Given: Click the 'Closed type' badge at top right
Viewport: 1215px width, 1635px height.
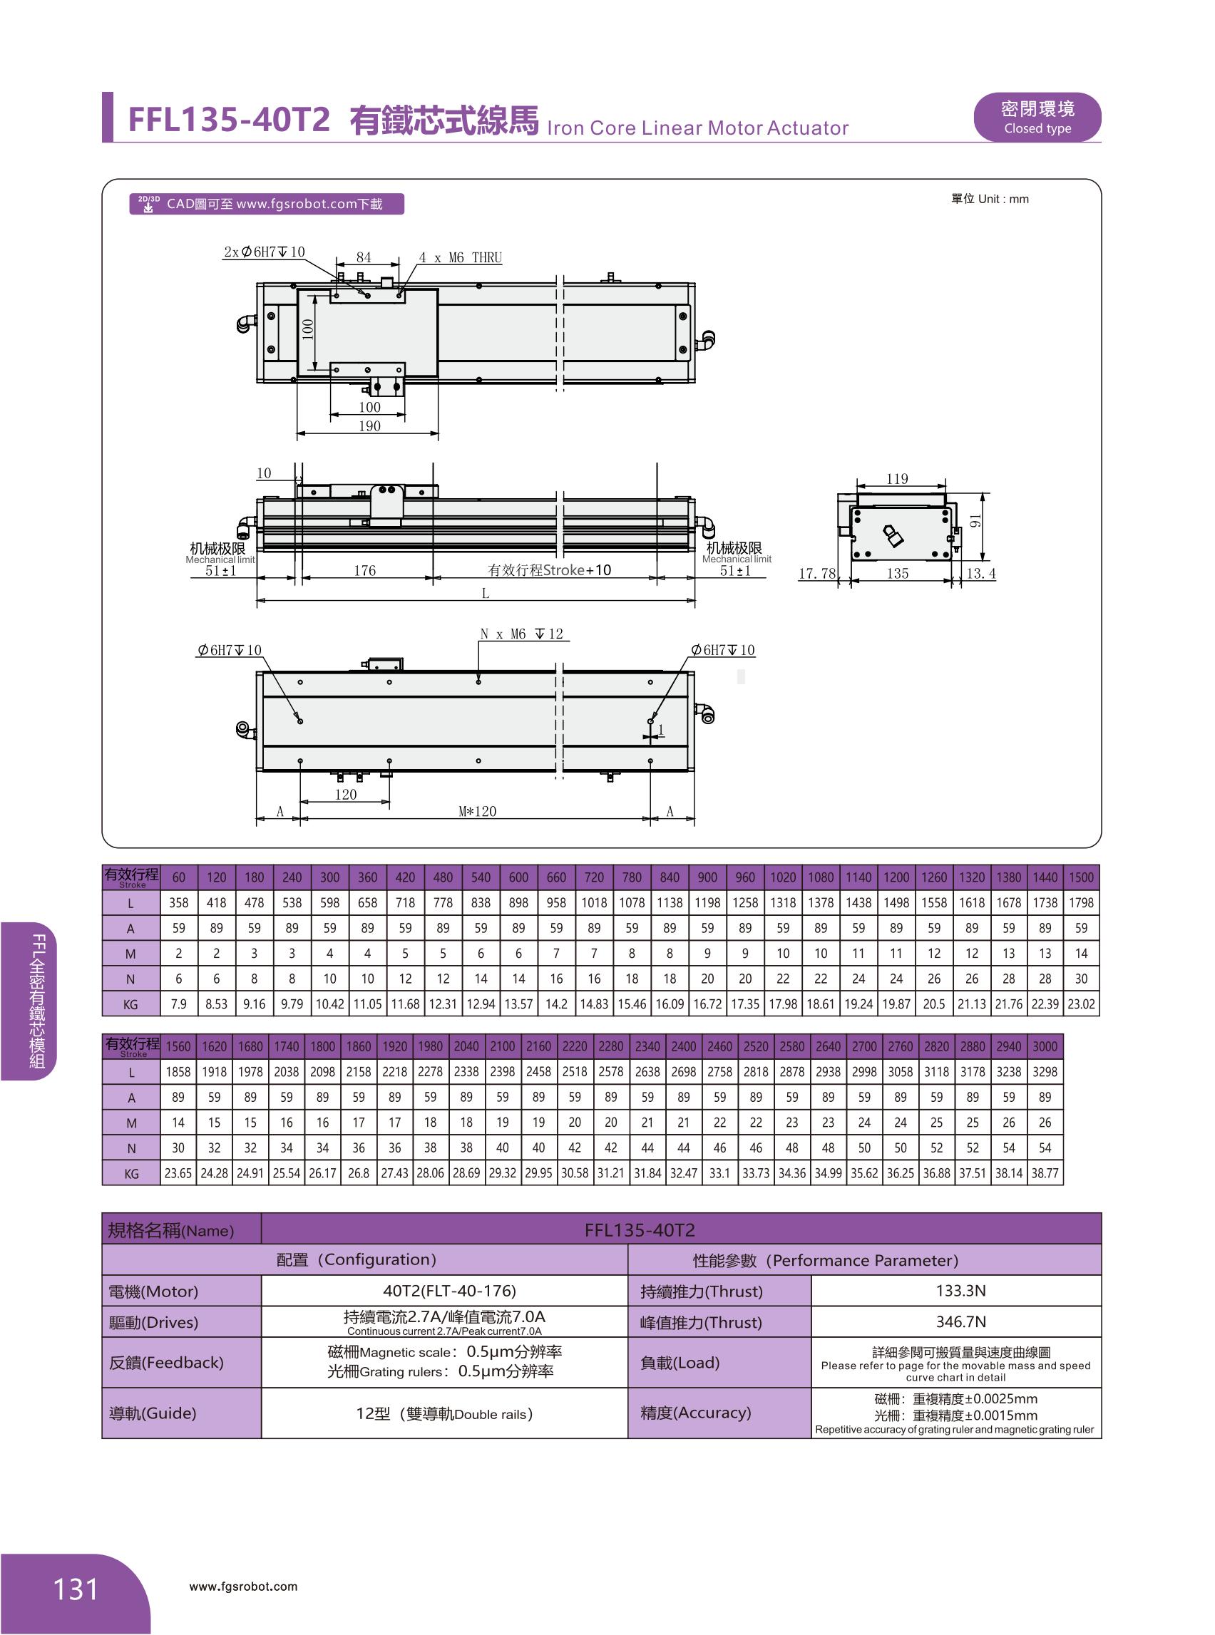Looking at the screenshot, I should [x=1036, y=117].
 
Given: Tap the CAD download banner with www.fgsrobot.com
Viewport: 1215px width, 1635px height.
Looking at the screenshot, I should [x=266, y=204].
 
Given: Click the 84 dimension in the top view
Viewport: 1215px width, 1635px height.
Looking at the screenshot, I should [x=364, y=257].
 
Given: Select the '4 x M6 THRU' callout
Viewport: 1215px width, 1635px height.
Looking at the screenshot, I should [x=461, y=257].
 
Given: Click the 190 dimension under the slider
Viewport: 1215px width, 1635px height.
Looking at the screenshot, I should [x=369, y=425].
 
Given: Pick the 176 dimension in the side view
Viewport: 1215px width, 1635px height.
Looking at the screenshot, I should [x=365, y=569].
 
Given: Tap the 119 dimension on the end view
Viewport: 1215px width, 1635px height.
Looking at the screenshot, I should [x=897, y=478].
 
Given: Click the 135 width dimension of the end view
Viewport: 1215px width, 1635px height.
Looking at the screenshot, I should [x=897, y=573].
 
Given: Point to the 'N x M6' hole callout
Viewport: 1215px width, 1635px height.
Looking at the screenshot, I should [x=521, y=634].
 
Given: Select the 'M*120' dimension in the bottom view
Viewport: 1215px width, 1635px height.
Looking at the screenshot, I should [x=477, y=811].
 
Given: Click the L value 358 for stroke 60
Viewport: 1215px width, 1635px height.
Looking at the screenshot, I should [x=179, y=902].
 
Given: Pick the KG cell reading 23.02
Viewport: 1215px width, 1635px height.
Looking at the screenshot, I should [x=1080, y=1004].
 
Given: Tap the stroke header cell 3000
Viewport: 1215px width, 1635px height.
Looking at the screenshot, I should [x=1045, y=1046].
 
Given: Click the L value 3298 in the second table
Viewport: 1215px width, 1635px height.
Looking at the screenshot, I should [x=1045, y=1072].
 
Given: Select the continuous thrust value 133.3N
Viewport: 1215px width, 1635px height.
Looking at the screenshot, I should [x=960, y=1290].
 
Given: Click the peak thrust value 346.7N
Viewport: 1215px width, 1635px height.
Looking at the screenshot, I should [x=960, y=1321].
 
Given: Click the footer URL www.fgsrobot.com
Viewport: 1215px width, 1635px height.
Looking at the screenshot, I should [x=243, y=1587].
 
